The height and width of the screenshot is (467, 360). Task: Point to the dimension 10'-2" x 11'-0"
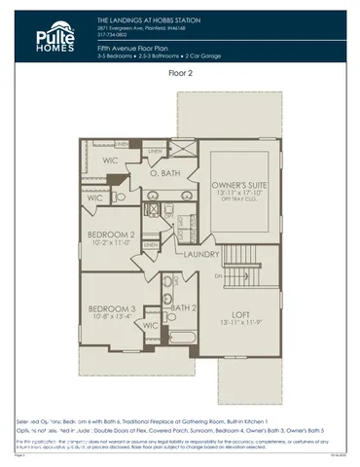point(110,243)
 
